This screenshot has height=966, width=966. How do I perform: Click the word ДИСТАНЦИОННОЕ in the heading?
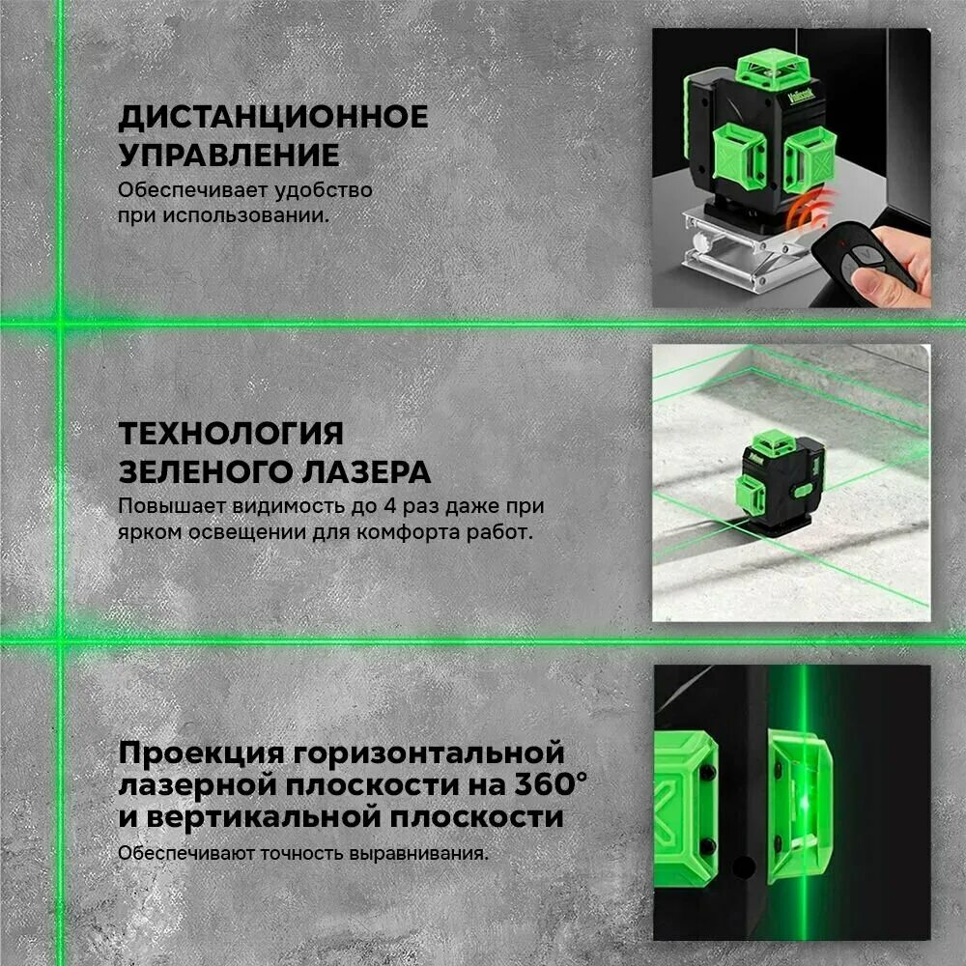(272, 118)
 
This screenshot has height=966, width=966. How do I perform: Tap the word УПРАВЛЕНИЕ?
(229, 156)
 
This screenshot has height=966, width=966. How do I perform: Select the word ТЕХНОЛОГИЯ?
(231, 432)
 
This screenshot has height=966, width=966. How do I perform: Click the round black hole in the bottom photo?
(744, 867)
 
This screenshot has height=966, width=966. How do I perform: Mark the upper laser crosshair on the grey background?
(58, 322)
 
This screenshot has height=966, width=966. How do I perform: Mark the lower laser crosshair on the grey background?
(58, 639)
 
